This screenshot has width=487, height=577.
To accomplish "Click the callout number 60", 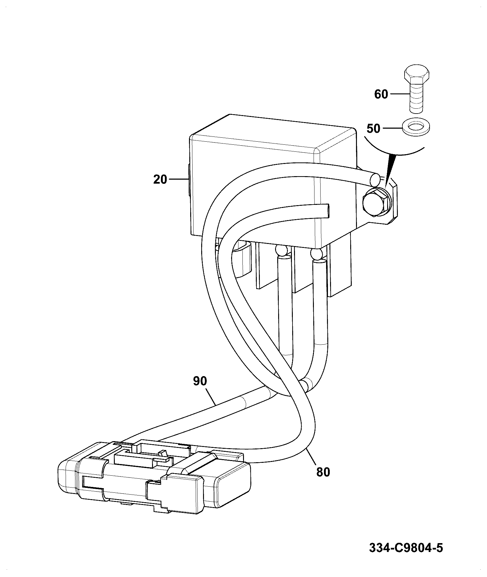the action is point(381,95).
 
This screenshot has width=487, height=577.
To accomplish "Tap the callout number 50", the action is point(373,129).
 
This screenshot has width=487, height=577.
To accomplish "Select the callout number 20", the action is point(160,179).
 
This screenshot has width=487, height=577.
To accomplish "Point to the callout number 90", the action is point(200,381).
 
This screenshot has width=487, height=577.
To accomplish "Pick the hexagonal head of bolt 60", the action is point(417,75).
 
